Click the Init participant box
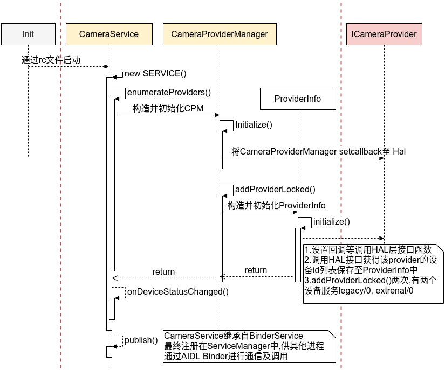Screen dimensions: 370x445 [x=28, y=34]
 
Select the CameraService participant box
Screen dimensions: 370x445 [x=109, y=34]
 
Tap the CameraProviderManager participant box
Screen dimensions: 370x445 [x=220, y=34]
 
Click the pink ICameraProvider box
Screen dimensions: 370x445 [x=384, y=34]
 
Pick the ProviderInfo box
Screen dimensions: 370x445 [x=298, y=99]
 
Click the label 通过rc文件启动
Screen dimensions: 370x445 [x=51, y=60]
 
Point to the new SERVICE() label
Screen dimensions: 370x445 [x=155, y=74]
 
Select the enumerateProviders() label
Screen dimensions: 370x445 [x=169, y=92]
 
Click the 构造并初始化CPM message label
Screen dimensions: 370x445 [x=168, y=108]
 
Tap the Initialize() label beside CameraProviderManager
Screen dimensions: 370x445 [x=254, y=124]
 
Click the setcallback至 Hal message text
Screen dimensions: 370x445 [x=318, y=151]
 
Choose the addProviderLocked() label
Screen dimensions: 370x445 [x=275, y=189]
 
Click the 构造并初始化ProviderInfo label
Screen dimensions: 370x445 [x=276, y=205]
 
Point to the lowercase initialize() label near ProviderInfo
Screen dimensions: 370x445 [x=331, y=221]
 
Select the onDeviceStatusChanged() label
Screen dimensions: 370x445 [x=177, y=291]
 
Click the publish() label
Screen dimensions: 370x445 [x=141, y=340]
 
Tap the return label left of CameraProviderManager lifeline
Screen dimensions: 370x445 [x=163, y=271]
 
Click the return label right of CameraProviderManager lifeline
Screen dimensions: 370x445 [x=256, y=270]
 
